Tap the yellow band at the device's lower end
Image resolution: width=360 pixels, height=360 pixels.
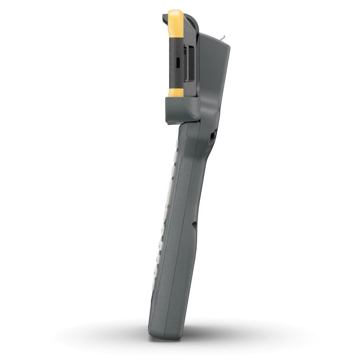[x=175, y=93]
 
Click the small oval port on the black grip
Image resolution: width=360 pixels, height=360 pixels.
[x=178, y=63]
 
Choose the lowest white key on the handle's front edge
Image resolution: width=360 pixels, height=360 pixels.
[x=155, y=279]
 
